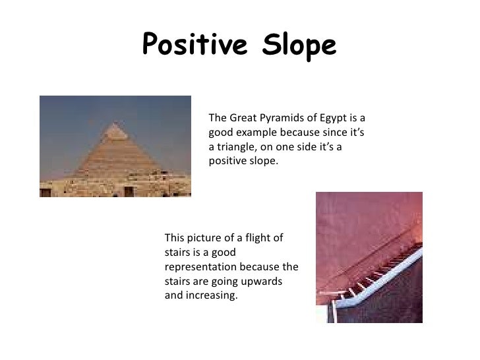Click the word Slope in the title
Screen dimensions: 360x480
click(297, 45)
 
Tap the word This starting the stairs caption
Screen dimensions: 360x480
click(173, 238)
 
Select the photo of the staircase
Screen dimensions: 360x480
click(369, 256)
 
